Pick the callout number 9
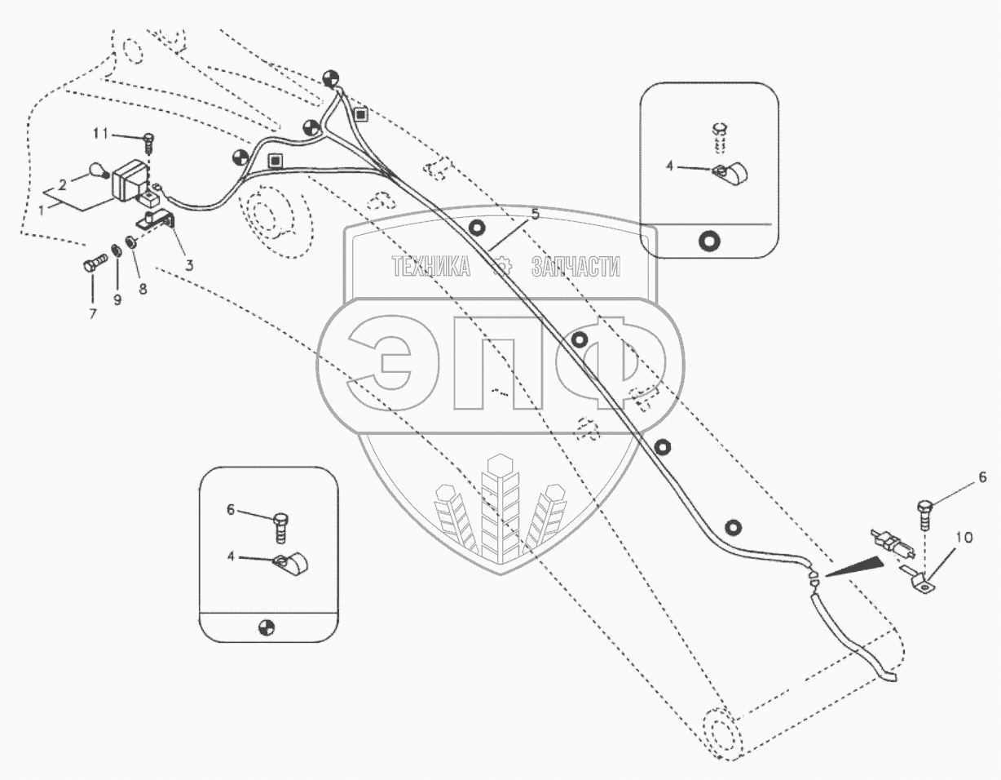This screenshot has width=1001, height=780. (117, 300)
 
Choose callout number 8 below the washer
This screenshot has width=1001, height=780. (143, 288)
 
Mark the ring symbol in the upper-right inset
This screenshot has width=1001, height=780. (708, 240)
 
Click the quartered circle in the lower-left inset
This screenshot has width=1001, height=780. (266, 627)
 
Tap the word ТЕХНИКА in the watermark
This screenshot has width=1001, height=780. (432, 267)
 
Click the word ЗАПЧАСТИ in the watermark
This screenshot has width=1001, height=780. (575, 267)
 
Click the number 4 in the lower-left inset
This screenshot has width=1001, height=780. (232, 556)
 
